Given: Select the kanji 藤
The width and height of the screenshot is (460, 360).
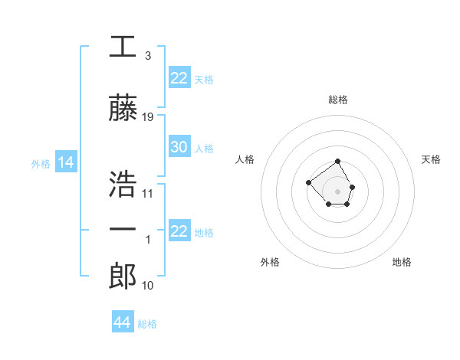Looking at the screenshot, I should click(123, 109).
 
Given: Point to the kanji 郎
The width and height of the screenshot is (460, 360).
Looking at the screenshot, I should click(123, 277).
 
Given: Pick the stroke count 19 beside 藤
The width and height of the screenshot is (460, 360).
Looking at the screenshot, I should click(148, 117).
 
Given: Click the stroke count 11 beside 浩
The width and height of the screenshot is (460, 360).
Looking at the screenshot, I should click(148, 193).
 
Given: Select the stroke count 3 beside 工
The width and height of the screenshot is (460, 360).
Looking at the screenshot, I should click(148, 56).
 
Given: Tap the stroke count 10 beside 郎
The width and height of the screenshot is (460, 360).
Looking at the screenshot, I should click(148, 286).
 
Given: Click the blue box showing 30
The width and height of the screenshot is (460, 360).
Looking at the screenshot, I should click(179, 147).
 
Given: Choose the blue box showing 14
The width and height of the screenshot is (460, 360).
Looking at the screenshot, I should click(65, 162).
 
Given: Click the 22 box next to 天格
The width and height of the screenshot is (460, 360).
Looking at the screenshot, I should click(179, 78).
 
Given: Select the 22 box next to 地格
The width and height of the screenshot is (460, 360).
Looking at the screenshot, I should click(179, 231).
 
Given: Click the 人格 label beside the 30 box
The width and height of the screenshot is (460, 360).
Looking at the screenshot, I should click(204, 148).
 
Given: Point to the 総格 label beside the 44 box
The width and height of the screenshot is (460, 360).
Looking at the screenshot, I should click(147, 324).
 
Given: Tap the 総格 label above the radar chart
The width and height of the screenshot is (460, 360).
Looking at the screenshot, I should click(337, 100).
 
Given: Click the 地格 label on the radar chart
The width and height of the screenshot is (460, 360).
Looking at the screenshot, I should click(402, 262).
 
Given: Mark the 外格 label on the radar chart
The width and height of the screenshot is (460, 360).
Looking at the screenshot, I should click(270, 262).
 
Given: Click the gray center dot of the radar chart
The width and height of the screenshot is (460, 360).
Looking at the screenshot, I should click(337, 191).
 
